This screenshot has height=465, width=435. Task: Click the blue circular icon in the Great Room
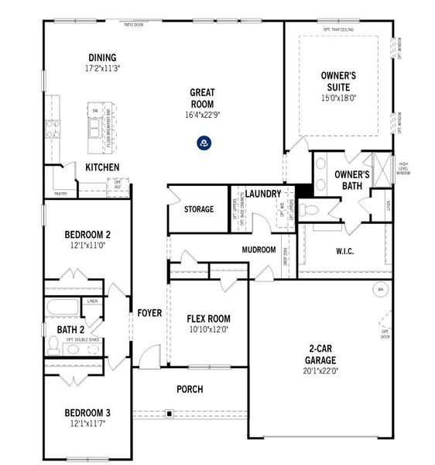(x=203, y=142)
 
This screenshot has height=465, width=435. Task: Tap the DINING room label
(x=102, y=57)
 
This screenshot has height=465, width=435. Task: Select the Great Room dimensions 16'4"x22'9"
(x=202, y=115)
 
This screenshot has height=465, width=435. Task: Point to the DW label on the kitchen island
(x=94, y=111)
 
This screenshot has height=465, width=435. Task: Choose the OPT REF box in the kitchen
(x=117, y=184)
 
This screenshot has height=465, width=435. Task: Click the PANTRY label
(x=60, y=194)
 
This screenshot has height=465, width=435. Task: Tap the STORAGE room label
(x=199, y=209)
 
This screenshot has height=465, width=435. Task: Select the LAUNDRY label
(x=263, y=193)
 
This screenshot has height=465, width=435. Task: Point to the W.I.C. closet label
(x=345, y=250)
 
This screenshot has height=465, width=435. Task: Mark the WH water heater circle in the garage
(x=380, y=290)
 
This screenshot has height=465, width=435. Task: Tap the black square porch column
(x=168, y=414)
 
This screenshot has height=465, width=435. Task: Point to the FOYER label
(x=149, y=313)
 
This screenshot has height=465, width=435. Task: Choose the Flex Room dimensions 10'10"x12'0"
(x=208, y=329)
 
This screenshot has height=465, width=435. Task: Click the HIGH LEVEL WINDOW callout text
(x=402, y=168)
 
